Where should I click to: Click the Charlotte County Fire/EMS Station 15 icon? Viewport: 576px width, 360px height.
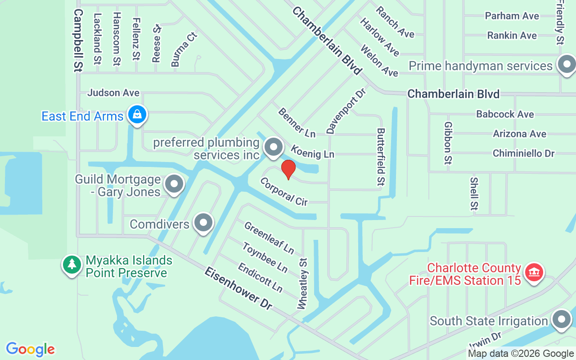tap(534, 273)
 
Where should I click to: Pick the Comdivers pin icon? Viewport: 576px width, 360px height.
tap(203, 223)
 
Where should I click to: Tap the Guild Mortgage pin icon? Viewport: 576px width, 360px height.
tap(174, 184)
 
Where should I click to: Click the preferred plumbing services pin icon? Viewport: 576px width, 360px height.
tap(273, 147)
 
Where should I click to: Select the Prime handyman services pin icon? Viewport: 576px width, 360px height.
tap(566, 65)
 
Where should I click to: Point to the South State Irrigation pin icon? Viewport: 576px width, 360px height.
tap(561, 320)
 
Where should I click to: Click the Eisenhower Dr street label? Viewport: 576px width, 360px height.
tap(238, 288)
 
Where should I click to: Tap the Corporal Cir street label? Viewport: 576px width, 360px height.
tap(284, 192)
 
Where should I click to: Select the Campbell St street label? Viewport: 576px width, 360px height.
tap(78, 40)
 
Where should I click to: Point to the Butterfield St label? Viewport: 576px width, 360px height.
tap(381, 157)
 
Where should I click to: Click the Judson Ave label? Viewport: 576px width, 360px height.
tap(113, 93)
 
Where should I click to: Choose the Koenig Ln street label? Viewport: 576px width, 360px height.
tap(312, 152)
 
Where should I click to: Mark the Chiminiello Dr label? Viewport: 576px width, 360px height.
tap(523, 153)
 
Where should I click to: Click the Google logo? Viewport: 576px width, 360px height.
tap(31, 349)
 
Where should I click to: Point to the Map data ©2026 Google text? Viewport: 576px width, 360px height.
tap(521, 354)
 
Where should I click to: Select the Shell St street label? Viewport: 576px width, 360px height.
tap(474, 193)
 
